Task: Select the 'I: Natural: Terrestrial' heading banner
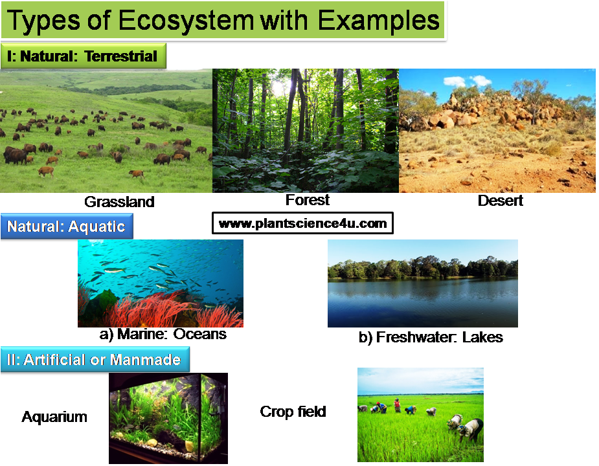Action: (83, 56)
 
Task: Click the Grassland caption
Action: (120, 201)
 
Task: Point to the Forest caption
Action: (308, 200)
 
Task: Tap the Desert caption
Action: (500, 201)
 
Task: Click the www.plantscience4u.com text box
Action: (302, 224)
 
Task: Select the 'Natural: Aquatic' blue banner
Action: (66, 227)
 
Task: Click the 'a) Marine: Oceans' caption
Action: (163, 335)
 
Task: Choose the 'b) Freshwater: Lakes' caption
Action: (431, 337)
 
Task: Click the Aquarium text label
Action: (54, 417)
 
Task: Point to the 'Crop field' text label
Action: (293, 412)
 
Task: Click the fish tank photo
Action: (168, 417)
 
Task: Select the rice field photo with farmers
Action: (420, 414)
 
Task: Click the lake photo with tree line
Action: (422, 283)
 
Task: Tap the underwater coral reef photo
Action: (160, 283)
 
